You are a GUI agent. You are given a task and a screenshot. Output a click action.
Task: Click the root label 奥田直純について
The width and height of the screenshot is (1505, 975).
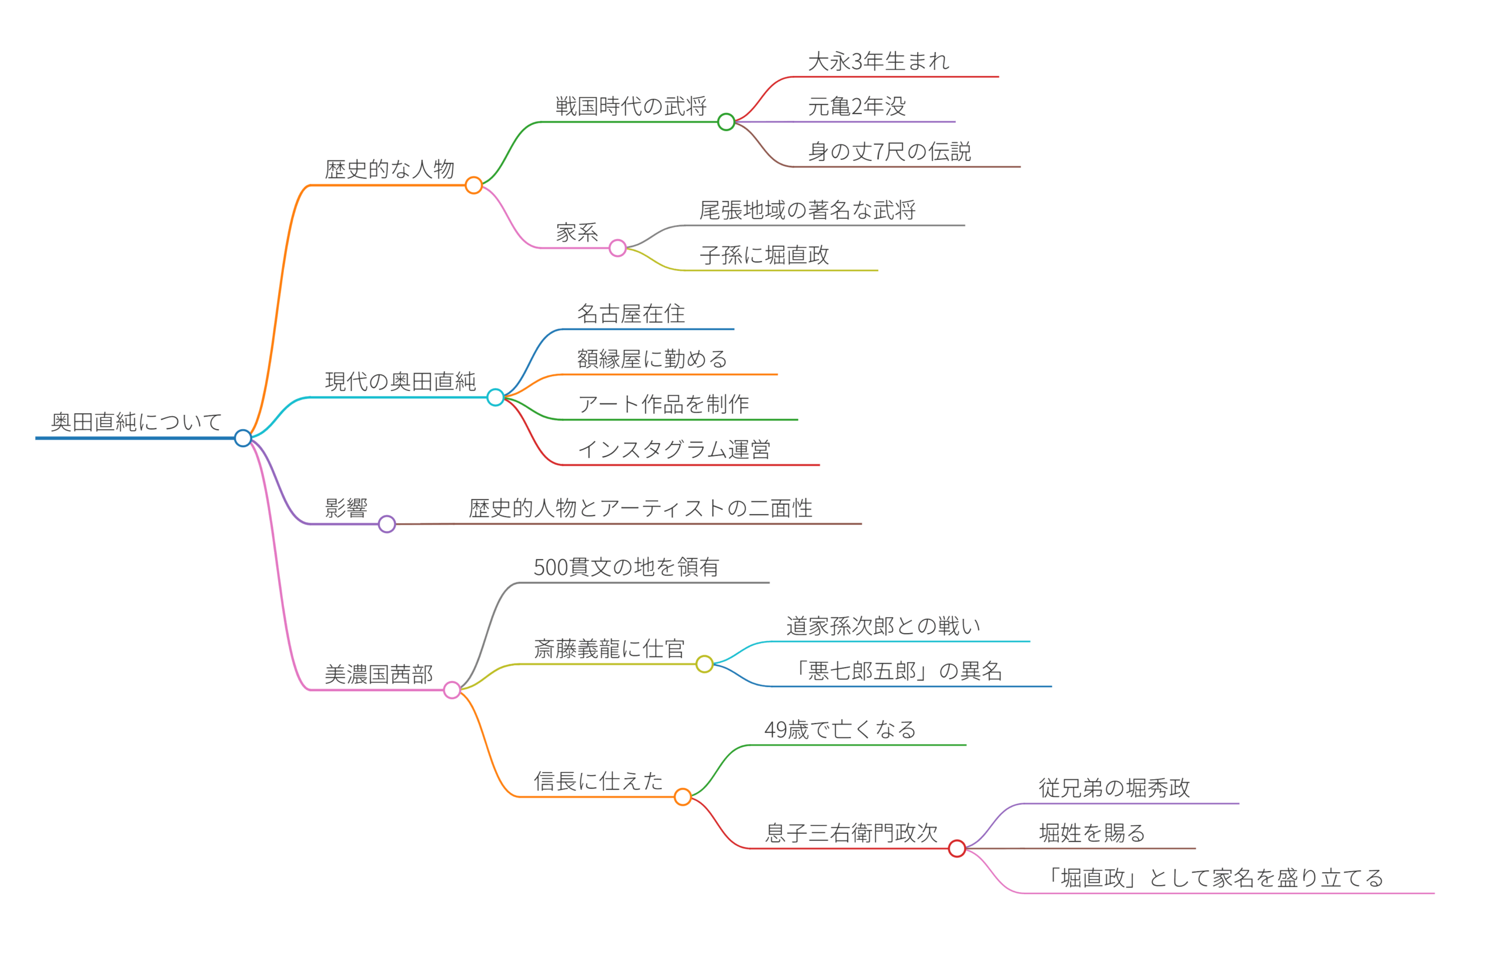click(x=136, y=422)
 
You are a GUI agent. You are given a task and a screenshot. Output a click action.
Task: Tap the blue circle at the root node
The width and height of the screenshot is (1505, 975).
click(x=243, y=438)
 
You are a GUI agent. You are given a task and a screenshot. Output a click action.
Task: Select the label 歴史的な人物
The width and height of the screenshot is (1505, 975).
click(x=390, y=169)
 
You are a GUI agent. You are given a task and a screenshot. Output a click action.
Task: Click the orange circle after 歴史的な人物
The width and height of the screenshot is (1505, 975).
click(x=474, y=185)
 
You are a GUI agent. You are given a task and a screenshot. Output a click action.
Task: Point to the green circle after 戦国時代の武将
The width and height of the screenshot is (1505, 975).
click(x=726, y=122)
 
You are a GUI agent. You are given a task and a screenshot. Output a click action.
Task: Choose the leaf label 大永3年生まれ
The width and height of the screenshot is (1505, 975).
click(x=878, y=61)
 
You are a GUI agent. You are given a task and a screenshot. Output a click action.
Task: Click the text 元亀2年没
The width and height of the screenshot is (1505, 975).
click(x=857, y=106)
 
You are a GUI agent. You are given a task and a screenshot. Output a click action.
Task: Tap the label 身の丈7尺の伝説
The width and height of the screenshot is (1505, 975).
click(x=889, y=152)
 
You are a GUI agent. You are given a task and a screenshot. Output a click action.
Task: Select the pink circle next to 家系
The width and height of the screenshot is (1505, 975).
click(x=618, y=248)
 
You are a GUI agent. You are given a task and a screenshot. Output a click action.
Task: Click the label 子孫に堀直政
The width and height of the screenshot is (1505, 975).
click(x=764, y=255)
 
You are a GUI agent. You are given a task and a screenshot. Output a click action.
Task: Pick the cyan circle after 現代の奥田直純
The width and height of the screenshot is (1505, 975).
click(x=496, y=397)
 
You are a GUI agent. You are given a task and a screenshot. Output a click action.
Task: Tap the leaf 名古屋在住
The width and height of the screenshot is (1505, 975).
click(x=630, y=314)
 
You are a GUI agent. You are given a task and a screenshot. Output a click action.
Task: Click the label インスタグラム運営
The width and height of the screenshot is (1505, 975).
click(x=674, y=450)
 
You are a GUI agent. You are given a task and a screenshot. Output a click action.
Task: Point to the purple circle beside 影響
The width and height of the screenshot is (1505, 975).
click(x=387, y=524)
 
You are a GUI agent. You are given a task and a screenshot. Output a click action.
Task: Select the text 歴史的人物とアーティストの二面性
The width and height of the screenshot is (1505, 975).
click(x=641, y=508)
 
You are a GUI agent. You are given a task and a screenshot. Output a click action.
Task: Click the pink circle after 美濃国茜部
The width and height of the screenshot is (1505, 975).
click(x=452, y=690)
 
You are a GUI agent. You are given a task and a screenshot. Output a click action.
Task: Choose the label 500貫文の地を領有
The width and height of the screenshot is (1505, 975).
click(x=626, y=567)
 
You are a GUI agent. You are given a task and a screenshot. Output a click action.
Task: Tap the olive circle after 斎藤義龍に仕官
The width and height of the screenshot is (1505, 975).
click(x=704, y=664)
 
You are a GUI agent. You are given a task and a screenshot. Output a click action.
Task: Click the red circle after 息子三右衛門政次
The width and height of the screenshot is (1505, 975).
click(x=956, y=849)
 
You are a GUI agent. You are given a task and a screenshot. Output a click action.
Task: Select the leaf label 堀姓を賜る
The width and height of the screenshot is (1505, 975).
click(x=1092, y=833)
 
